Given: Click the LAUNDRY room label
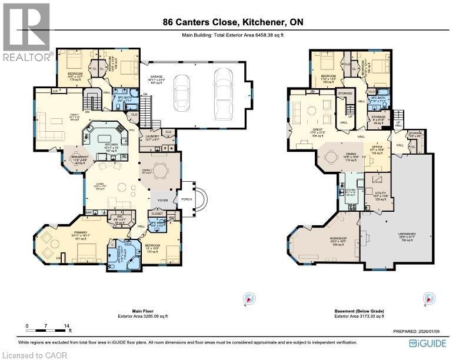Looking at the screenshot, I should coord(152,136).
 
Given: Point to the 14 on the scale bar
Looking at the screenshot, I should coord(66,325).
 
